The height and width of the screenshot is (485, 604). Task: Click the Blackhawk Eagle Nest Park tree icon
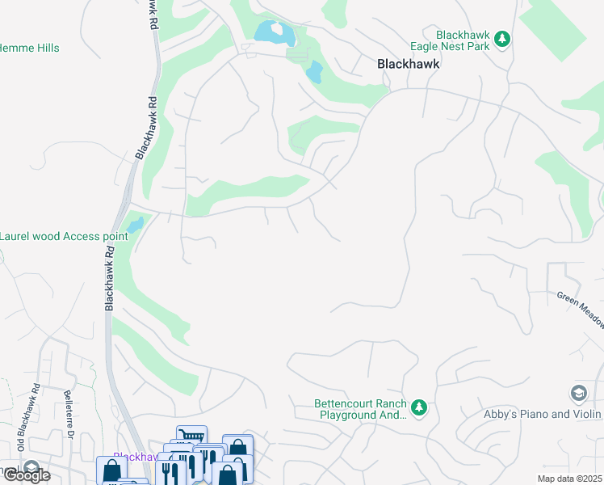501,39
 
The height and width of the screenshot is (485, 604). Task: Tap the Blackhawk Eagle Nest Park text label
463,40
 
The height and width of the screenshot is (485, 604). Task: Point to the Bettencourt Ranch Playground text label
360,410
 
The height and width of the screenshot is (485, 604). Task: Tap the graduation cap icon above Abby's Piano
578,394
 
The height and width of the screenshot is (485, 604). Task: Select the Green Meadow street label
581,309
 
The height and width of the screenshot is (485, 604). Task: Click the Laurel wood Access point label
63,236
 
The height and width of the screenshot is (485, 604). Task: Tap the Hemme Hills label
30,48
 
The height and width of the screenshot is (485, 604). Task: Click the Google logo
26,475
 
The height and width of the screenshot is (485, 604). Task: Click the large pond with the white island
271,33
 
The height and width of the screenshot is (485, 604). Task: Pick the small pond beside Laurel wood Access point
135,224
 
